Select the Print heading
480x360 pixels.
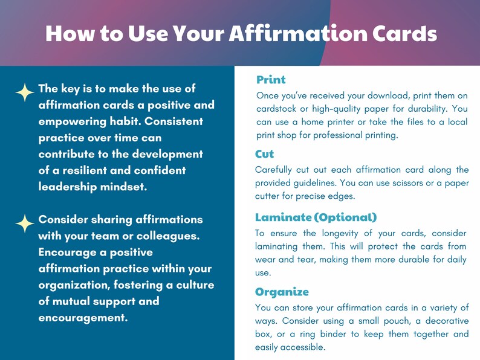point(271,80)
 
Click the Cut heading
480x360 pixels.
point(265,155)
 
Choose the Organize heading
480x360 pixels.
point(282,292)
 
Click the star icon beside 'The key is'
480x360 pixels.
point(24,92)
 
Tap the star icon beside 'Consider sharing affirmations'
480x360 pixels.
point(24,223)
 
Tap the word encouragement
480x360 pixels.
point(83,317)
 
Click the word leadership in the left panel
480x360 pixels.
point(65,187)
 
